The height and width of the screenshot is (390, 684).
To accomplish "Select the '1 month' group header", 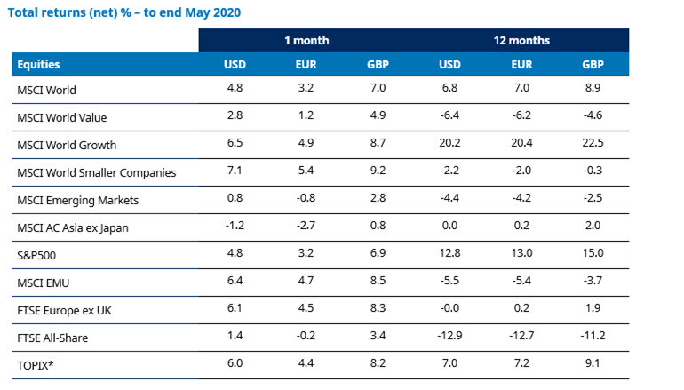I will [306, 40].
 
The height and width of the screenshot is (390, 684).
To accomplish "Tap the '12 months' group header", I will [521, 40].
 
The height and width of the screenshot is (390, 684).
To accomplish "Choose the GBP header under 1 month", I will [377, 64].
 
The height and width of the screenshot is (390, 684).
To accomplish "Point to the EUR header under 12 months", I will [521, 64].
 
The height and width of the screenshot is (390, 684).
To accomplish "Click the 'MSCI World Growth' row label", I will [67, 145].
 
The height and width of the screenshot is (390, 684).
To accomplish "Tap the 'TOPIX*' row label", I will [36, 365].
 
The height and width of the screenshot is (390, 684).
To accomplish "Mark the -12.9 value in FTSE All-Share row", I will [451, 338].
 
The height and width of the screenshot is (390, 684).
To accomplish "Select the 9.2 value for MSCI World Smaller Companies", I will [377, 172].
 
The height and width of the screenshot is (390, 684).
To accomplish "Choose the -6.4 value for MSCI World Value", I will [451, 117].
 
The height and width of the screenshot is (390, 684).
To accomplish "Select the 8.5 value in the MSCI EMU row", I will [377, 283].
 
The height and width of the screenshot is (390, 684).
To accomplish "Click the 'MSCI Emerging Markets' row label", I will [77, 200].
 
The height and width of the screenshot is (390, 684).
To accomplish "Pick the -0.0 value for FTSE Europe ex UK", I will [451, 310].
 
